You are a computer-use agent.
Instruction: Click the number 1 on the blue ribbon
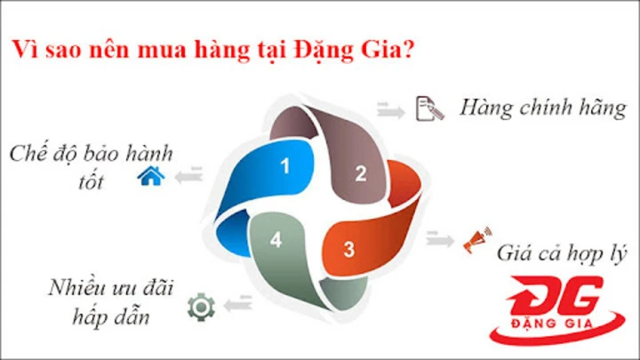coord(284,165)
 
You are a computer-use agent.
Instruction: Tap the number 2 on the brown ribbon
coord(360,173)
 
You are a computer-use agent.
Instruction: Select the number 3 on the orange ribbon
coord(349,250)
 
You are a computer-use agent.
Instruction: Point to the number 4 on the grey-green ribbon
coord(276,240)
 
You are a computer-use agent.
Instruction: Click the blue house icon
coord(150,178)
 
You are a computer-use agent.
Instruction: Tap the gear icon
coord(202,308)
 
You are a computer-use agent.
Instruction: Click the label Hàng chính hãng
coord(543,108)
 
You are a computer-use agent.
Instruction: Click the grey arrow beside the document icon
coord(388,108)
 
